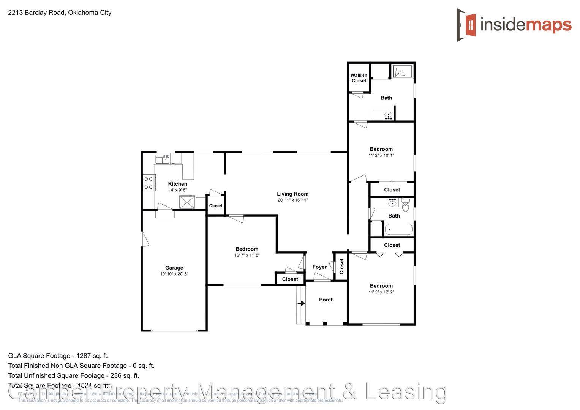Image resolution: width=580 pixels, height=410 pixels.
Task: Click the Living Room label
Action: tap(292, 194)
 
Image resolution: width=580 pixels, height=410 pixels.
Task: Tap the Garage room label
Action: tap(174, 268)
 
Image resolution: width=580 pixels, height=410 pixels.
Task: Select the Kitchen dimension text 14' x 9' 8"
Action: tap(178, 190)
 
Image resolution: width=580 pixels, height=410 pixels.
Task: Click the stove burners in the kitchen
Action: tap(149, 183)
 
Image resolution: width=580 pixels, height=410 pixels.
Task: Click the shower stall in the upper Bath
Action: tap(402, 71)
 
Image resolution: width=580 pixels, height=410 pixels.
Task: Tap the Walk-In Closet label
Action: tap(359, 78)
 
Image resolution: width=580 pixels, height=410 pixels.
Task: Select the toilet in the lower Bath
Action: tap(405, 205)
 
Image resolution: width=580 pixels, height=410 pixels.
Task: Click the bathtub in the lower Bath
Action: tap(398, 230)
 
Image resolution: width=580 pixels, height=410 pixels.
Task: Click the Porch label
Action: tap(326, 300)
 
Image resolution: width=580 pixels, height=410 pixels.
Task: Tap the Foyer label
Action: tap(319, 267)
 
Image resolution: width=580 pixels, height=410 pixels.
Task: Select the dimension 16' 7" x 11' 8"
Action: tap(247, 255)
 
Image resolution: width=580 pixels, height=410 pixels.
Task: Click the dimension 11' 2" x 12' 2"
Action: tap(381, 292)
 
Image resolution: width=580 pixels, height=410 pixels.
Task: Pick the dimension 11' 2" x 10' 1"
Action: tap(381, 155)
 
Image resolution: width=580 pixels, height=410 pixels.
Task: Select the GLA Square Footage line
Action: tap(58, 356)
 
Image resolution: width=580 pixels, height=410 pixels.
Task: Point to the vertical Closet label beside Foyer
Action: tap(341, 266)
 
